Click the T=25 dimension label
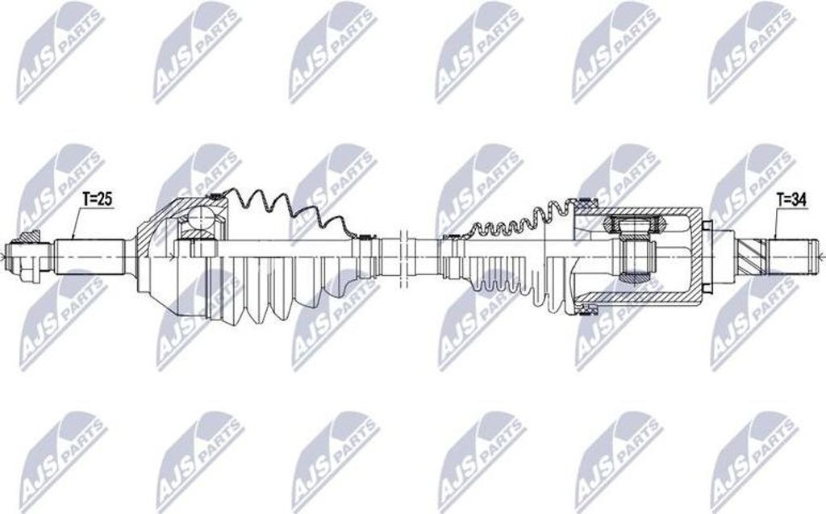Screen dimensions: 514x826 pos(97,198)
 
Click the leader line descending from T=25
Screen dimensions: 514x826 pos(73,222)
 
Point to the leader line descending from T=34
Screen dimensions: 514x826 pos(773,222)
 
